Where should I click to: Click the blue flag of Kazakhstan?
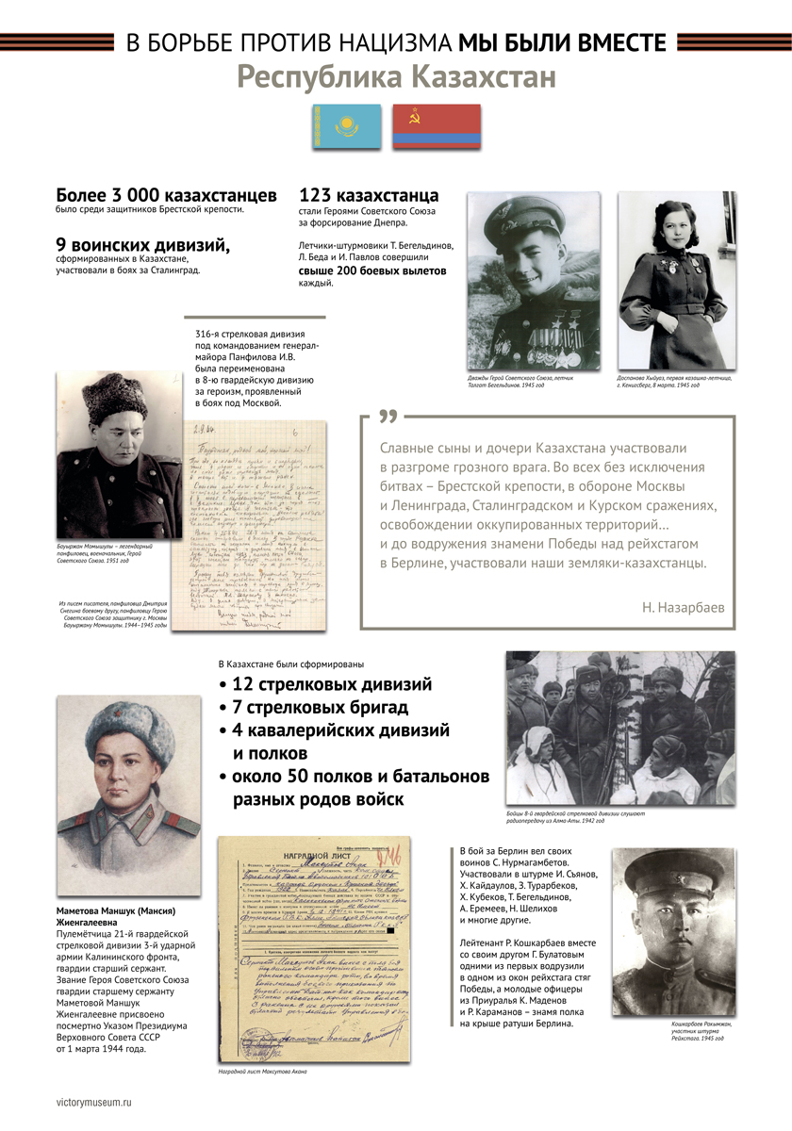click(x=346, y=127)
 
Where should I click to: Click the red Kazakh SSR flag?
click(x=437, y=127)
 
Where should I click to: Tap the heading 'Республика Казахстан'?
click(x=396, y=76)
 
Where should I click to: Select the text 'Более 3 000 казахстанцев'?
click(x=166, y=195)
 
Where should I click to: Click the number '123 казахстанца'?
click(x=369, y=195)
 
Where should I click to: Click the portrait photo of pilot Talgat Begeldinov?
click(x=534, y=280)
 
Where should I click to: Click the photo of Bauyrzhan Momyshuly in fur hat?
click(x=118, y=454)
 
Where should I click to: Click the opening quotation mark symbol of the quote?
click(x=387, y=418)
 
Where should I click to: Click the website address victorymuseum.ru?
click(x=95, y=1100)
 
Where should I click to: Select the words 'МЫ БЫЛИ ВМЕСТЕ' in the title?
click(x=563, y=42)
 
